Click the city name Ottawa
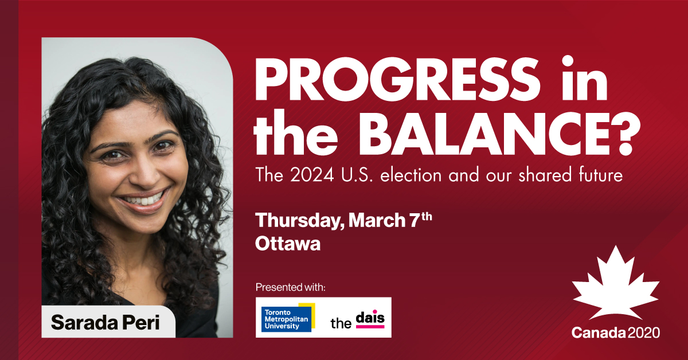tap(287, 244)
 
